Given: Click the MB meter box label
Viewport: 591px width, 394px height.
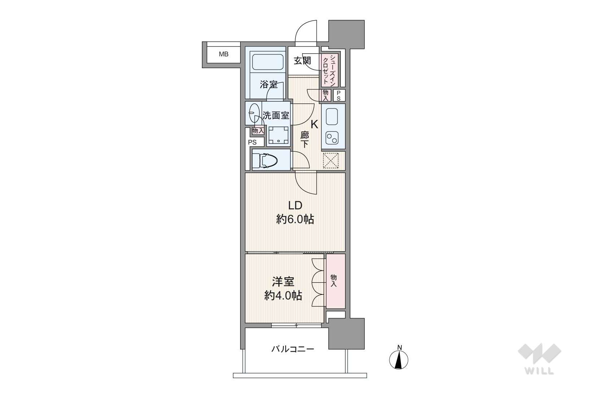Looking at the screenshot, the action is [224, 54].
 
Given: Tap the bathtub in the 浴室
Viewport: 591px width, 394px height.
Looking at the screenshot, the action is [268, 62].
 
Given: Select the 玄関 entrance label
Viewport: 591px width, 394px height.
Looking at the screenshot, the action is [303, 61].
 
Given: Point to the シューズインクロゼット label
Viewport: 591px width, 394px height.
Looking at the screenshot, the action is [329, 70].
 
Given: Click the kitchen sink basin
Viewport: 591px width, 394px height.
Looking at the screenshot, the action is [332, 116].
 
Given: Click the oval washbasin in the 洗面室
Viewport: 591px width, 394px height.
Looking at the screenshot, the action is [254, 112].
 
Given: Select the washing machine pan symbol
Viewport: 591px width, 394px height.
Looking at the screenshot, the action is [278, 135].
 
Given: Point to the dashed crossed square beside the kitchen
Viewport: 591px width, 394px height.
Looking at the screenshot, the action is [331, 160].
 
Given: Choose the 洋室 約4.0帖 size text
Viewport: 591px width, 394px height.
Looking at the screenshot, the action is [283, 296].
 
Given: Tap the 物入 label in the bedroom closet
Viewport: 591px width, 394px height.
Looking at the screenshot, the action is [334, 281].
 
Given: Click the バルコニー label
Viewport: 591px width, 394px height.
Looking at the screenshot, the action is [293, 349].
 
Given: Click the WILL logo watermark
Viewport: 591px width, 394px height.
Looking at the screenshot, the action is [539, 359].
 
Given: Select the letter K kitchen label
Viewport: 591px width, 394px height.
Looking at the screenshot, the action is [314, 124].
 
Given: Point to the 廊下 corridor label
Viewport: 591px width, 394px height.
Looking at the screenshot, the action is [304, 140].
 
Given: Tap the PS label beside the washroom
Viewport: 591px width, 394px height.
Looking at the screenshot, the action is [252, 142].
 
